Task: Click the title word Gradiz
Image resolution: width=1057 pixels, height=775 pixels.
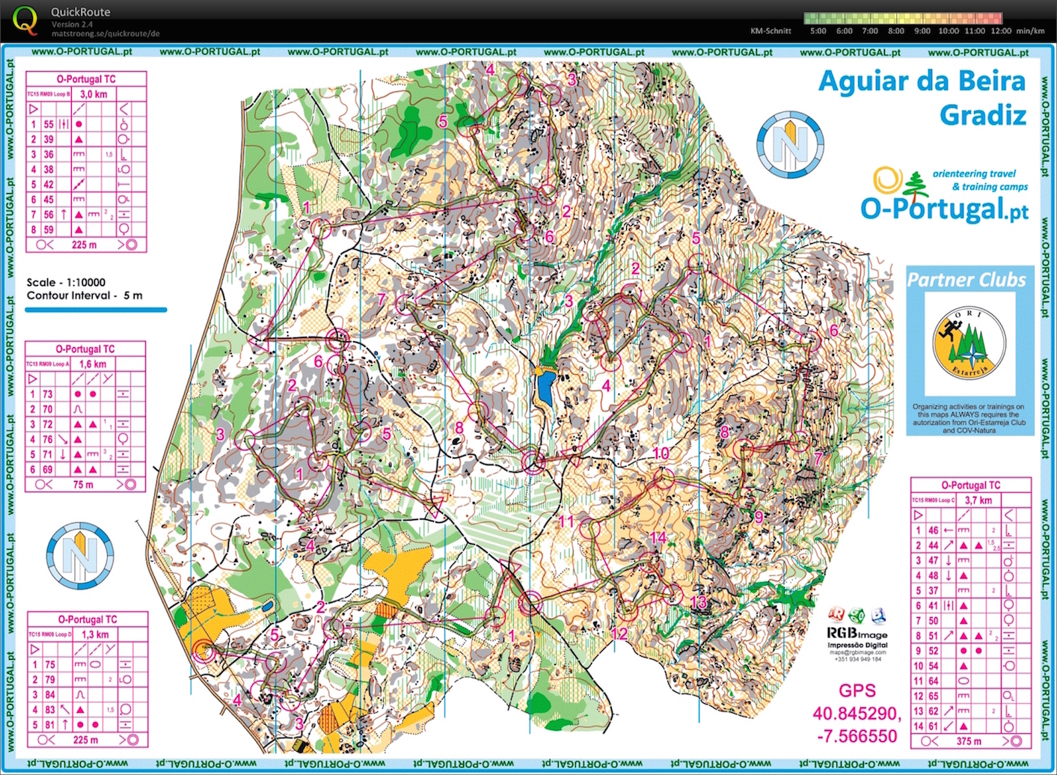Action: tap(982, 115)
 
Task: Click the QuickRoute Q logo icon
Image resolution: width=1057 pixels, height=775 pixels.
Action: tap(25, 20)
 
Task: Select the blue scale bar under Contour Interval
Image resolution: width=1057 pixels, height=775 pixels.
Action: tap(96, 309)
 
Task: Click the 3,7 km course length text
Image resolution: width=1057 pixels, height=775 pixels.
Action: tap(978, 500)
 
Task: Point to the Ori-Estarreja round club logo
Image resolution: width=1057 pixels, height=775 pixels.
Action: tap(969, 343)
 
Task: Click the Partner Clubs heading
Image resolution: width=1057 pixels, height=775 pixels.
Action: tap(966, 280)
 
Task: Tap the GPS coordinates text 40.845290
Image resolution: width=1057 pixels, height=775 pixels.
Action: tap(857, 714)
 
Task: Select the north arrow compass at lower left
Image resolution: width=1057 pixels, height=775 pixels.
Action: tap(80, 556)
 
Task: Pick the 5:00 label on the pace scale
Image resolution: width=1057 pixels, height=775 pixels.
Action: tap(818, 31)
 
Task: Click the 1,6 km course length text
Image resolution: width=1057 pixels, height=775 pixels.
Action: tap(93, 364)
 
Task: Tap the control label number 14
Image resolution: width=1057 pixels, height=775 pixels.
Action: tap(658, 537)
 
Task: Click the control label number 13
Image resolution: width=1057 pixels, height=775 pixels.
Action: tap(698, 603)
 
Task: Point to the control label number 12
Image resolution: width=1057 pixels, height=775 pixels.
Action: tap(619, 634)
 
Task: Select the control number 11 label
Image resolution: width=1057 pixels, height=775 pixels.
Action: tap(566, 521)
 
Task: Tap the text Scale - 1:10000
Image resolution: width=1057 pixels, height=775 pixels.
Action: tap(66, 282)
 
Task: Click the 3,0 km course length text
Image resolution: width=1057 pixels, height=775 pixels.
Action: tap(94, 94)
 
